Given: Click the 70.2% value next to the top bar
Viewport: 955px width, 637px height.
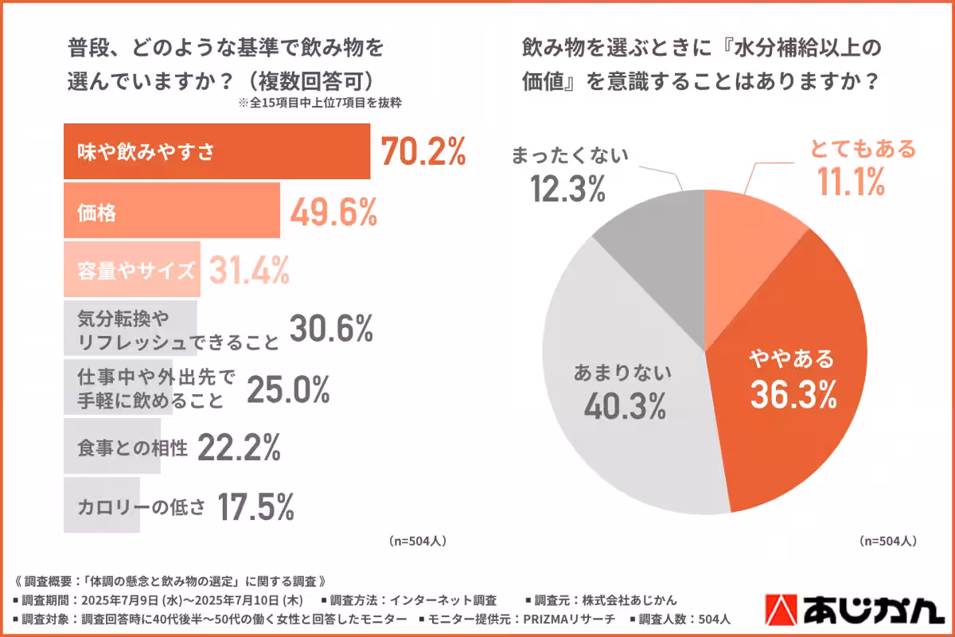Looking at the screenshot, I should [423, 151].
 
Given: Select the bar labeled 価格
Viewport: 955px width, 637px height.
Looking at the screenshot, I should [171, 211].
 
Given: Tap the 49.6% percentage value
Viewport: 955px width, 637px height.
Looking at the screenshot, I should [333, 211].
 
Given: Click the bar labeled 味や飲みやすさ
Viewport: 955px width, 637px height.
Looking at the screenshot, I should [216, 151].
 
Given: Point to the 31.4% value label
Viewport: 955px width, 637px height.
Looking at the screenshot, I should [249, 271].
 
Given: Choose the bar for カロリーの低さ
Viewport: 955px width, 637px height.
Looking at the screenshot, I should [102, 506].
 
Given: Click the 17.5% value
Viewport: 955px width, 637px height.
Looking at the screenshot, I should [257, 506].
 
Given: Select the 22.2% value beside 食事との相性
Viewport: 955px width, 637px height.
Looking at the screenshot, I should [238, 448].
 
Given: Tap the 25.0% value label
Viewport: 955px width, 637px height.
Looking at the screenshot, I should [288, 389].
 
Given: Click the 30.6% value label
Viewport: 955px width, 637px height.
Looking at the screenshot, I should [331, 328].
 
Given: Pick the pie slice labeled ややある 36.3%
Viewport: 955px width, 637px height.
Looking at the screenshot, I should [788, 374].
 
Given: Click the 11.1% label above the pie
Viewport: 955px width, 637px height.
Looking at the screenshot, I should [850, 184].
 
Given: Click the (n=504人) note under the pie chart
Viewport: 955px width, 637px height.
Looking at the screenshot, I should [888, 541].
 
